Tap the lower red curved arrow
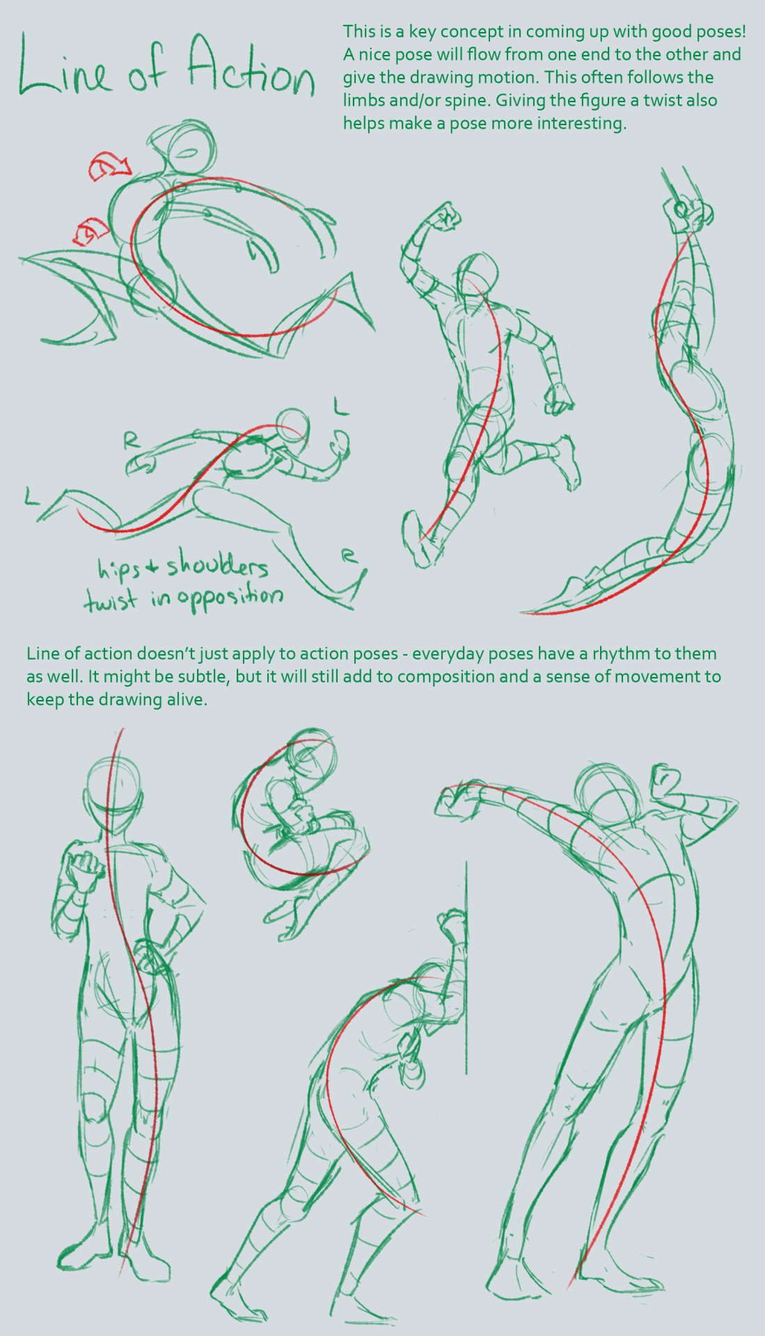[91, 230]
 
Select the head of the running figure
[479, 276]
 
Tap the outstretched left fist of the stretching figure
[456, 800]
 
